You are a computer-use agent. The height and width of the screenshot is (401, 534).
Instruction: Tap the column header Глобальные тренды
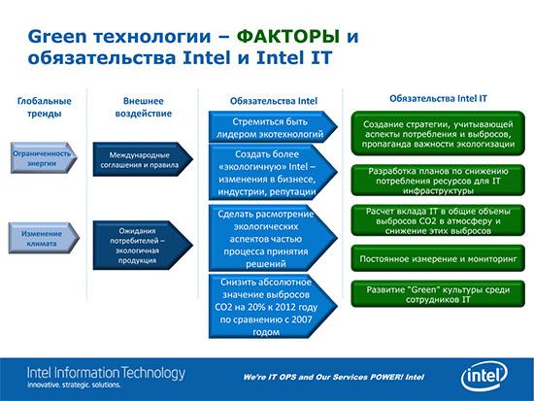(x=44, y=107)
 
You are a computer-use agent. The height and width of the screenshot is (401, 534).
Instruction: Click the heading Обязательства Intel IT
(x=432, y=97)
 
